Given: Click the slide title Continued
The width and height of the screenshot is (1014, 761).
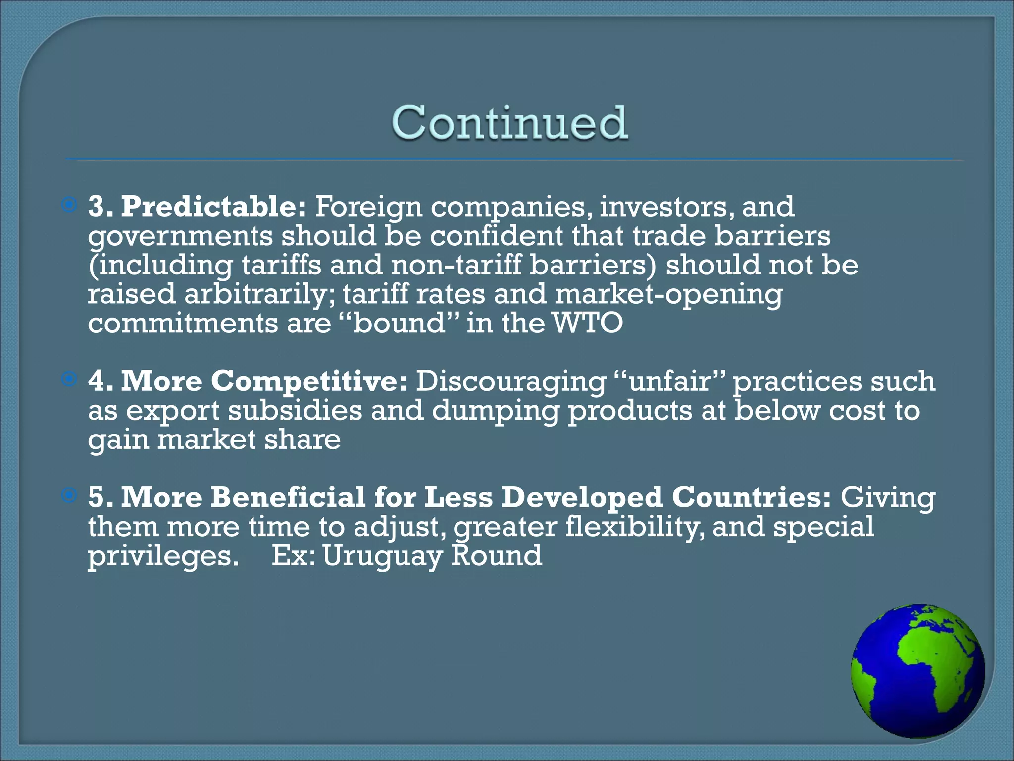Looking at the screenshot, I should click(510, 122).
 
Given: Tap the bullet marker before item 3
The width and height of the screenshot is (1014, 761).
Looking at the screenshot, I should click(69, 204).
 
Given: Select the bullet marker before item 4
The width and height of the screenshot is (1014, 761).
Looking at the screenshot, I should click(69, 380).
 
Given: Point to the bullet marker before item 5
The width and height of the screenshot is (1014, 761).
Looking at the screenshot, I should click(69, 495).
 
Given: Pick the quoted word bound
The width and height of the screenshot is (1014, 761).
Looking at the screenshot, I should click(399, 324).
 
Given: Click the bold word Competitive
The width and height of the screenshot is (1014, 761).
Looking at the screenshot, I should click(309, 381).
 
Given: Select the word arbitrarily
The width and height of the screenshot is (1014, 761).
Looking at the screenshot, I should click(259, 294).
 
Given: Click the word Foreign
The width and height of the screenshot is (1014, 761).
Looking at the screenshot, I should click(368, 207).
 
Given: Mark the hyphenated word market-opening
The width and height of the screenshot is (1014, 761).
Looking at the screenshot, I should click(668, 294).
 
